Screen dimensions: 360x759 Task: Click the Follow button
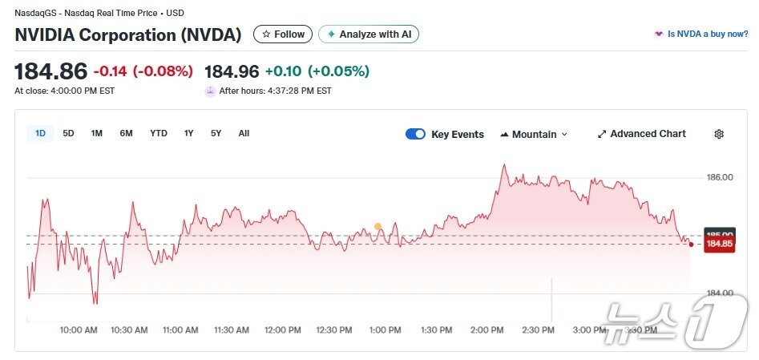pyautogui.click(x=283, y=34)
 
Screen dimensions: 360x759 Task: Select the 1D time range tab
pyautogui.click(x=40, y=134)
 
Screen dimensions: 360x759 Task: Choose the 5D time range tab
pyautogui.click(x=68, y=134)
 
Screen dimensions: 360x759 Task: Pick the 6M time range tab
pyautogui.click(x=126, y=134)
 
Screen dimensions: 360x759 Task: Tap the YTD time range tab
pyautogui.click(x=159, y=134)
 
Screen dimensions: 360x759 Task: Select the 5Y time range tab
pyautogui.click(x=216, y=134)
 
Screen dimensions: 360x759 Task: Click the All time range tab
pyautogui.click(x=244, y=134)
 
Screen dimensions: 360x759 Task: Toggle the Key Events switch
pyautogui.click(x=415, y=134)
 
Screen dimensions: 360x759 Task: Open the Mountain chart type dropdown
pyautogui.click(x=534, y=134)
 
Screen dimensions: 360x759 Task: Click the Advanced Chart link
pyautogui.click(x=641, y=134)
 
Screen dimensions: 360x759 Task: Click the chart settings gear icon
pyautogui.click(x=719, y=134)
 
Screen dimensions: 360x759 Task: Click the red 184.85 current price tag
pyautogui.click(x=720, y=244)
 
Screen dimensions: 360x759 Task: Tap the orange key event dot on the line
pyautogui.click(x=377, y=227)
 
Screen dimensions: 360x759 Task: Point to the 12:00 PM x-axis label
pyautogui.click(x=283, y=330)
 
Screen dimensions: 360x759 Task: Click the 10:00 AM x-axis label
pyautogui.click(x=79, y=330)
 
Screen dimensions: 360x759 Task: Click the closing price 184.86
pyautogui.click(x=50, y=71)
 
